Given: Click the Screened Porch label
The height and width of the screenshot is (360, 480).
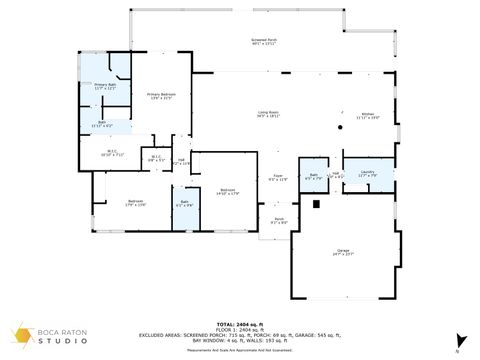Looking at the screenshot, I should pyautogui.click(x=264, y=42).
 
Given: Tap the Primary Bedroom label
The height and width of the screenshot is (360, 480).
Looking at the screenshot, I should pyautogui.click(x=160, y=96).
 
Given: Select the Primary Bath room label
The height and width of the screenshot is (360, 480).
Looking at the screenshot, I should pyautogui.click(x=105, y=87).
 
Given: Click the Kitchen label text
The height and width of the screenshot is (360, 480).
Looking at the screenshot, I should pyautogui.click(x=368, y=116).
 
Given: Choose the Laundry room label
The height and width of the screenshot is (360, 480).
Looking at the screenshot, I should pyautogui.click(x=367, y=174).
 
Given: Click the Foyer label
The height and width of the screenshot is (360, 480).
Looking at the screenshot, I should pyautogui.click(x=279, y=178).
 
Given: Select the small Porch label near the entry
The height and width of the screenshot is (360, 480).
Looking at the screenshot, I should pyautogui.click(x=279, y=221).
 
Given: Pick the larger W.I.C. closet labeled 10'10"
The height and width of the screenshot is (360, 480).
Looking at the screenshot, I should pyautogui.click(x=113, y=154).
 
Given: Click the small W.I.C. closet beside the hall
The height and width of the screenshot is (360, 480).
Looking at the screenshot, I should pyautogui.click(x=156, y=157).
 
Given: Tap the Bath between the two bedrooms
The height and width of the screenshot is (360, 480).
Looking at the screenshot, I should pyautogui.click(x=185, y=204).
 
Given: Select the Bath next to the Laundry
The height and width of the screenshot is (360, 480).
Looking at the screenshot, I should pyautogui.click(x=313, y=177).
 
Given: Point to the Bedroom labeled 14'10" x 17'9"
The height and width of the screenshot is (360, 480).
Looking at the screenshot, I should pyautogui.click(x=228, y=192).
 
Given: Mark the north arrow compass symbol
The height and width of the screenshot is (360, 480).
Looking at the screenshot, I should pyautogui.click(x=458, y=340).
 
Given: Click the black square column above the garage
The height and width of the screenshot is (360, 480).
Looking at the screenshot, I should pyautogui.click(x=316, y=204).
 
